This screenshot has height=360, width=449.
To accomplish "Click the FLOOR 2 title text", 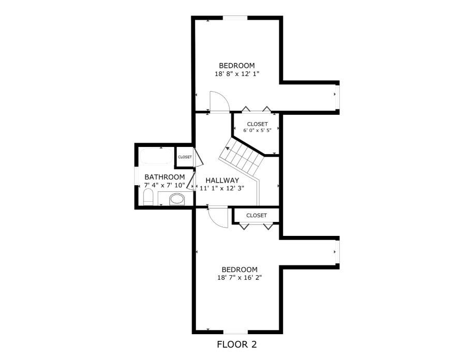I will pos(236,344).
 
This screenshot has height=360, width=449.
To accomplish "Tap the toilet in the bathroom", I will pos(148,197).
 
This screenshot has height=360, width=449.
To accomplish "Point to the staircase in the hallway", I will pos(243,156).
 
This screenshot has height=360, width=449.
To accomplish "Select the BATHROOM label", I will pos(164,177).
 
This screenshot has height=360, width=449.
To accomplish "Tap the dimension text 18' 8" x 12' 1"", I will pos(237,74).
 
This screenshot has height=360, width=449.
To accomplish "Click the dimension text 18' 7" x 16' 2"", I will pos(240,278).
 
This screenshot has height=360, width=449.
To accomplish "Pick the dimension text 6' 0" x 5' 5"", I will pos(257,130).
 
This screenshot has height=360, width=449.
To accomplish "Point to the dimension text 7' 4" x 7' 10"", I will pos(164,185).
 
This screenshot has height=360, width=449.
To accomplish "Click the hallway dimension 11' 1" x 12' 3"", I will pos(222,188).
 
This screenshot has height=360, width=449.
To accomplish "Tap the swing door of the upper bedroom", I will pos(218,101).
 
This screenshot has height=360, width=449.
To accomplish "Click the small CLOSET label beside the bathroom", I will pos(185,157).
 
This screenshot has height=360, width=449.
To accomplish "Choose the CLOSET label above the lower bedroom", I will pos(257,215).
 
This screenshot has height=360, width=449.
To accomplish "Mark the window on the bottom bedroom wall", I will pos(236,331).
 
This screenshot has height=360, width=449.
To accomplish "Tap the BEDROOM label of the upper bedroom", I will pos(237,66).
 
